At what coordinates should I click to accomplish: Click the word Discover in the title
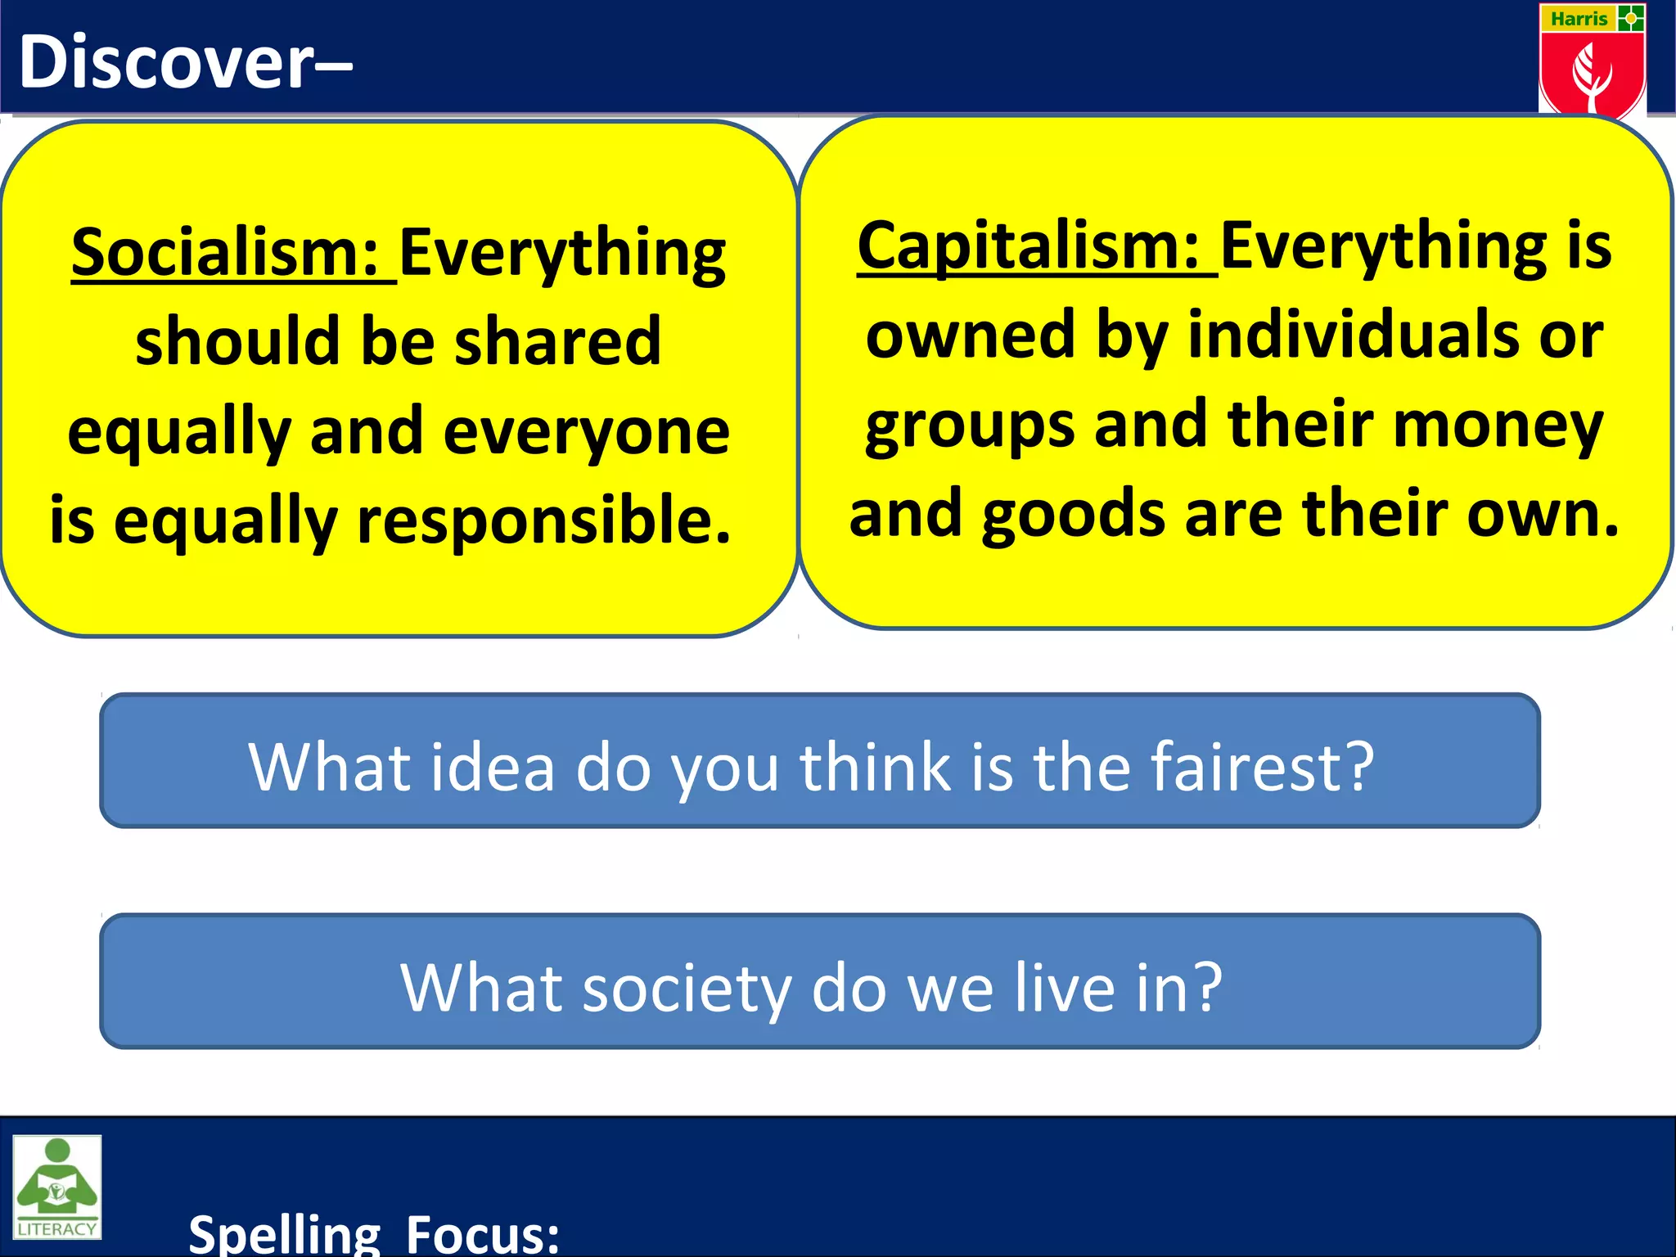point(167,62)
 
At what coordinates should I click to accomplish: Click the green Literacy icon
point(57,1187)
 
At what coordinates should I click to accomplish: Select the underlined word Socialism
point(225,253)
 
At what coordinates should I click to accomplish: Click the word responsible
point(544,520)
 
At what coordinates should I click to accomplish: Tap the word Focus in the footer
point(483,1234)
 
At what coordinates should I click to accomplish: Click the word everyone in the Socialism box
point(586,431)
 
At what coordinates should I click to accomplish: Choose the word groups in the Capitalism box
point(970,425)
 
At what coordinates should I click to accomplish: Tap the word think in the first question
point(876,767)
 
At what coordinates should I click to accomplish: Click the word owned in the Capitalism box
point(970,335)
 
